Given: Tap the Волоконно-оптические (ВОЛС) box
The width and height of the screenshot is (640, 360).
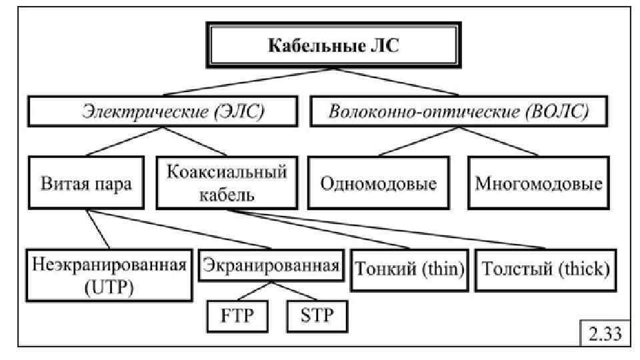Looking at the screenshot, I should pyautogui.click(x=459, y=112).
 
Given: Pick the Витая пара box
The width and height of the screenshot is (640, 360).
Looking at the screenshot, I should pyautogui.click(x=87, y=183).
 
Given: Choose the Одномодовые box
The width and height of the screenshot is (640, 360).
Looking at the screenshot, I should pyautogui.click(x=379, y=183).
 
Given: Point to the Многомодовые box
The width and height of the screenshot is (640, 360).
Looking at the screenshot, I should pyautogui.click(x=538, y=183).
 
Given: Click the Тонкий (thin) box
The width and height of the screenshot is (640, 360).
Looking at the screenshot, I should pyautogui.click(x=410, y=269).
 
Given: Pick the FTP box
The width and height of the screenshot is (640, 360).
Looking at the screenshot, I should pyautogui.click(x=238, y=315).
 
